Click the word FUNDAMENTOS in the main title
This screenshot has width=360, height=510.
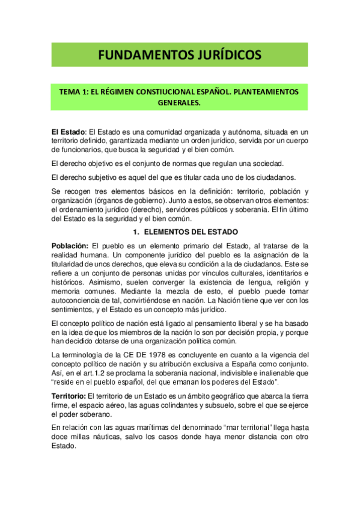click(x=141, y=55)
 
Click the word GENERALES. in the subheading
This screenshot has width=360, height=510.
click(x=179, y=103)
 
